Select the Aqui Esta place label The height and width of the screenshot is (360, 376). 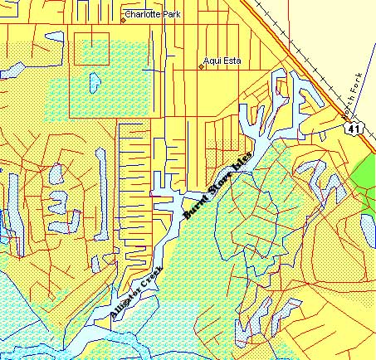pyautogui.click(x=222, y=61)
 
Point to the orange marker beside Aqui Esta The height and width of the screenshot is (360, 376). pyautogui.click(x=202, y=66)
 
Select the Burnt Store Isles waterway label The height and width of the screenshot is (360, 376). pyautogui.click(x=217, y=187)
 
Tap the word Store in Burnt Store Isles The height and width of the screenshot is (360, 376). pyautogui.click(x=217, y=187)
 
